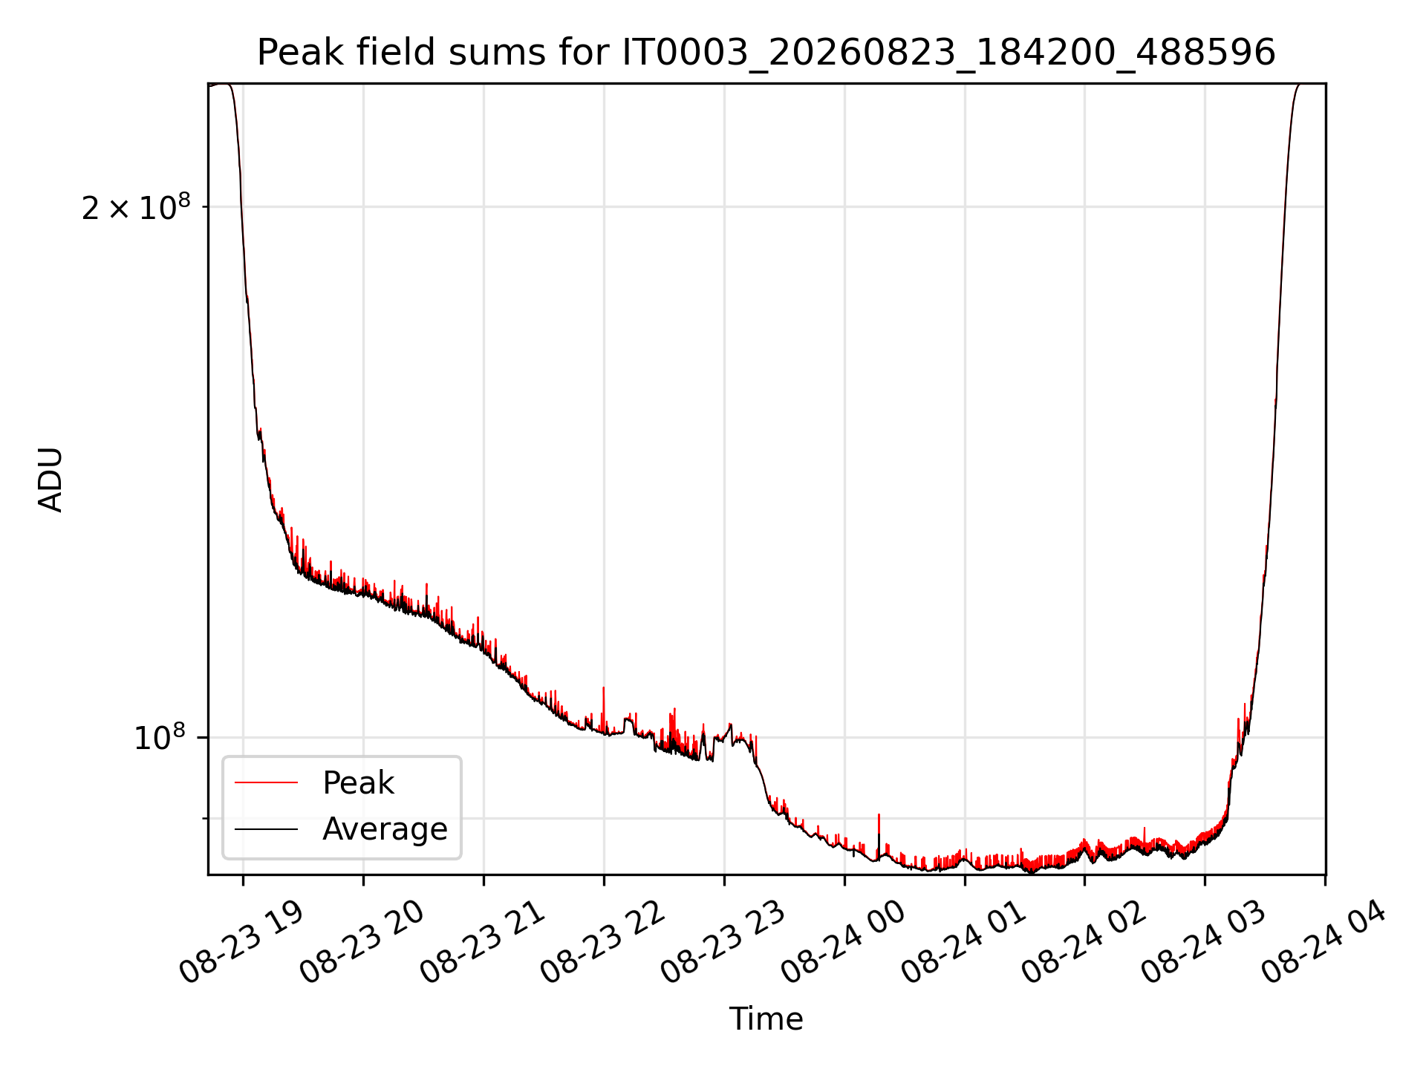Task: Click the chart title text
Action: pos(766,53)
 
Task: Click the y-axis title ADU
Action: pos(51,480)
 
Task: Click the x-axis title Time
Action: pos(766,1019)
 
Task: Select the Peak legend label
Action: pos(358,783)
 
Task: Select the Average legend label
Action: pos(385,829)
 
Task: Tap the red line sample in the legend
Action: pos(266,783)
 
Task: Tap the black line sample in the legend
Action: pos(266,829)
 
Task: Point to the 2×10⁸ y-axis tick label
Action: pos(136,207)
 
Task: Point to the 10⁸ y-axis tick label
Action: pos(160,738)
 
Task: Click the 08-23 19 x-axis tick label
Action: pos(241,943)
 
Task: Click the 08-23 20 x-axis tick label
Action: pos(362,943)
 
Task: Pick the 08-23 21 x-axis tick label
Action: pos(482,943)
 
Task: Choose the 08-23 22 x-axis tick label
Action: pos(602,943)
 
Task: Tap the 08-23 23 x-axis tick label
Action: pos(723,943)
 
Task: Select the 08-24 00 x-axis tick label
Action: pos(843,943)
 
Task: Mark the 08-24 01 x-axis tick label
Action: pos(963,943)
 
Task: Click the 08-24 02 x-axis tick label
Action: pos(1084,943)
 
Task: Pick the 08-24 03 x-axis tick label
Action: pos(1204,943)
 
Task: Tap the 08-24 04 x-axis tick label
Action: pos(1324,943)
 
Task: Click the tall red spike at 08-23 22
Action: pos(603,709)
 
